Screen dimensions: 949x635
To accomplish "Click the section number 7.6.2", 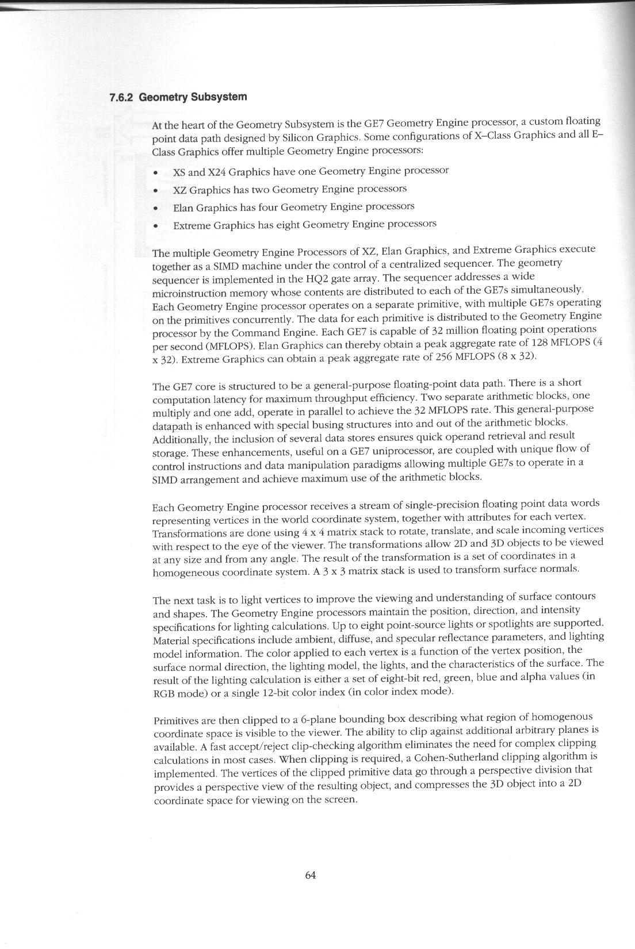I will coord(121,98).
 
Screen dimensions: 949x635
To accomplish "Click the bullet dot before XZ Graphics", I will coord(155,190).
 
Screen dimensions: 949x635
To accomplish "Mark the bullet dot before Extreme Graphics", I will coord(155,226).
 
